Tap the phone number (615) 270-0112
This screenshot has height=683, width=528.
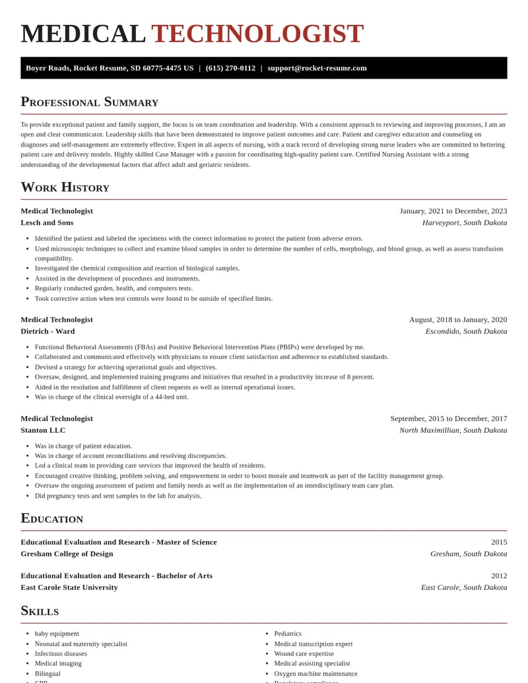[x=230, y=68]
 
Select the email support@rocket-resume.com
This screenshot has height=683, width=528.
[x=317, y=68]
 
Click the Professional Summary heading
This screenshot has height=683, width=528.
[x=90, y=102]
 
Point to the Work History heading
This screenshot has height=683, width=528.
[x=65, y=187]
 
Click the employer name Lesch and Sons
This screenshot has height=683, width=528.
[x=47, y=222]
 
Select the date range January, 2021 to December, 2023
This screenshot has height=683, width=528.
[x=453, y=211]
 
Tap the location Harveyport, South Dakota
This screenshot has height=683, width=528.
[x=465, y=222]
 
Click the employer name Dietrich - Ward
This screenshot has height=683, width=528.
[x=48, y=331]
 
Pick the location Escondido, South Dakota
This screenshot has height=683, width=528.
[x=466, y=331]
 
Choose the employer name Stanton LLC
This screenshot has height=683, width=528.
[x=43, y=430]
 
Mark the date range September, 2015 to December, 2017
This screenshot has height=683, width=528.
[x=448, y=418]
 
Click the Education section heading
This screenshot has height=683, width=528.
[x=51, y=518]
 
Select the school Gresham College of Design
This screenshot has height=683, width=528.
[x=67, y=554]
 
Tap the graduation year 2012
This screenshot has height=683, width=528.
[x=499, y=575]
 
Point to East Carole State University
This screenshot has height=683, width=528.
[x=69, y=587]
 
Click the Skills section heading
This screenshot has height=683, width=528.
[x=40, y=610]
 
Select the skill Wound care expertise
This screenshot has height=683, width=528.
[x=304, y=653]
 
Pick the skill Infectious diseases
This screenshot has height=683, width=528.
[x=61, y=653]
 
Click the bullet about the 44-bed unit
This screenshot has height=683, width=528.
[x=112, y=397]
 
